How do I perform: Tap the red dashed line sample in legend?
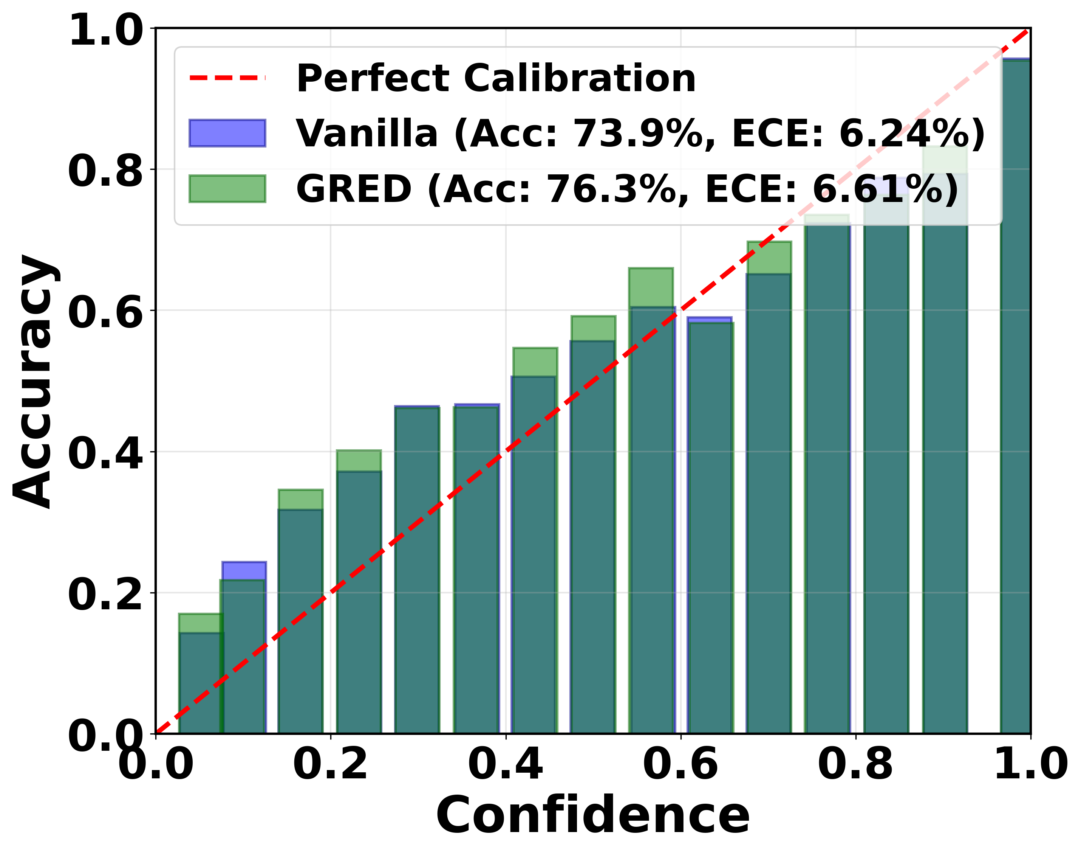click(227, 78)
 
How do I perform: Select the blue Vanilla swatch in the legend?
click(227, 133)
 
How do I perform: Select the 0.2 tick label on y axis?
click(105, 595)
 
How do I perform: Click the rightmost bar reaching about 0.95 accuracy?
click(1015, 400)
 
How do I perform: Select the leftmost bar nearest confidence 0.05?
click(200, 685)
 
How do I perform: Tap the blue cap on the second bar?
click(244, 570)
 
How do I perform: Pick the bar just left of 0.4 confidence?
click(476, 570)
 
